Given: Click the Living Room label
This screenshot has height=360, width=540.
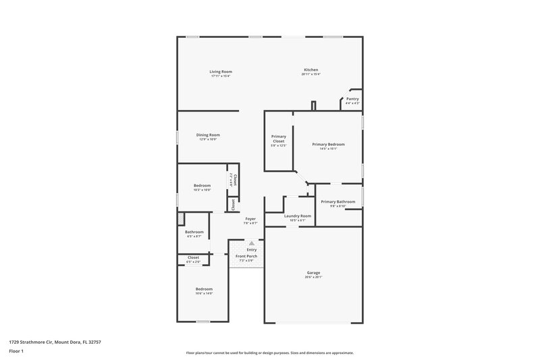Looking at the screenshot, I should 220,71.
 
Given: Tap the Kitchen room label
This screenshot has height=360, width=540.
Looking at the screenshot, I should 310,70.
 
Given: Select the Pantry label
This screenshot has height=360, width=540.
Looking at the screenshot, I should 352,99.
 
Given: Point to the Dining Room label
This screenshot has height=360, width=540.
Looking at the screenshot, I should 208,135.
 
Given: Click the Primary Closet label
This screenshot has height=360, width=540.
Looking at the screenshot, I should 279,138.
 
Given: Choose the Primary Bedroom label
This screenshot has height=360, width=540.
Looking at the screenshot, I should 328,144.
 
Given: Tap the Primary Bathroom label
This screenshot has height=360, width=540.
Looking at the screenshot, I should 337,202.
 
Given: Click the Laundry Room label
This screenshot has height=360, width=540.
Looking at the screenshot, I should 298,216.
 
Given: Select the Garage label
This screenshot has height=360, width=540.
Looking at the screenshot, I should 313,273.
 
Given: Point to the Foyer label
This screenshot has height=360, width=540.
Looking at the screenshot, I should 250,218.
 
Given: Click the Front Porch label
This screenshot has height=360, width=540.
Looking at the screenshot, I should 246,257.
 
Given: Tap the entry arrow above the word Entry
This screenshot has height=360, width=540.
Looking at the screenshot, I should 252,243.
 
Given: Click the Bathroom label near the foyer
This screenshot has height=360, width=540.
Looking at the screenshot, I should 194,232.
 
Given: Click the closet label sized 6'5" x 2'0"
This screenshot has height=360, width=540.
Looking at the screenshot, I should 193,257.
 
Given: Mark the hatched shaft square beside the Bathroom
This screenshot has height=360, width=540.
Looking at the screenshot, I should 181,218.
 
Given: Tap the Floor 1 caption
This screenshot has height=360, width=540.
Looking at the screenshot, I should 17,352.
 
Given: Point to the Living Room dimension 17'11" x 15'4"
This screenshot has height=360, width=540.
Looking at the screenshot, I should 220,76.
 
